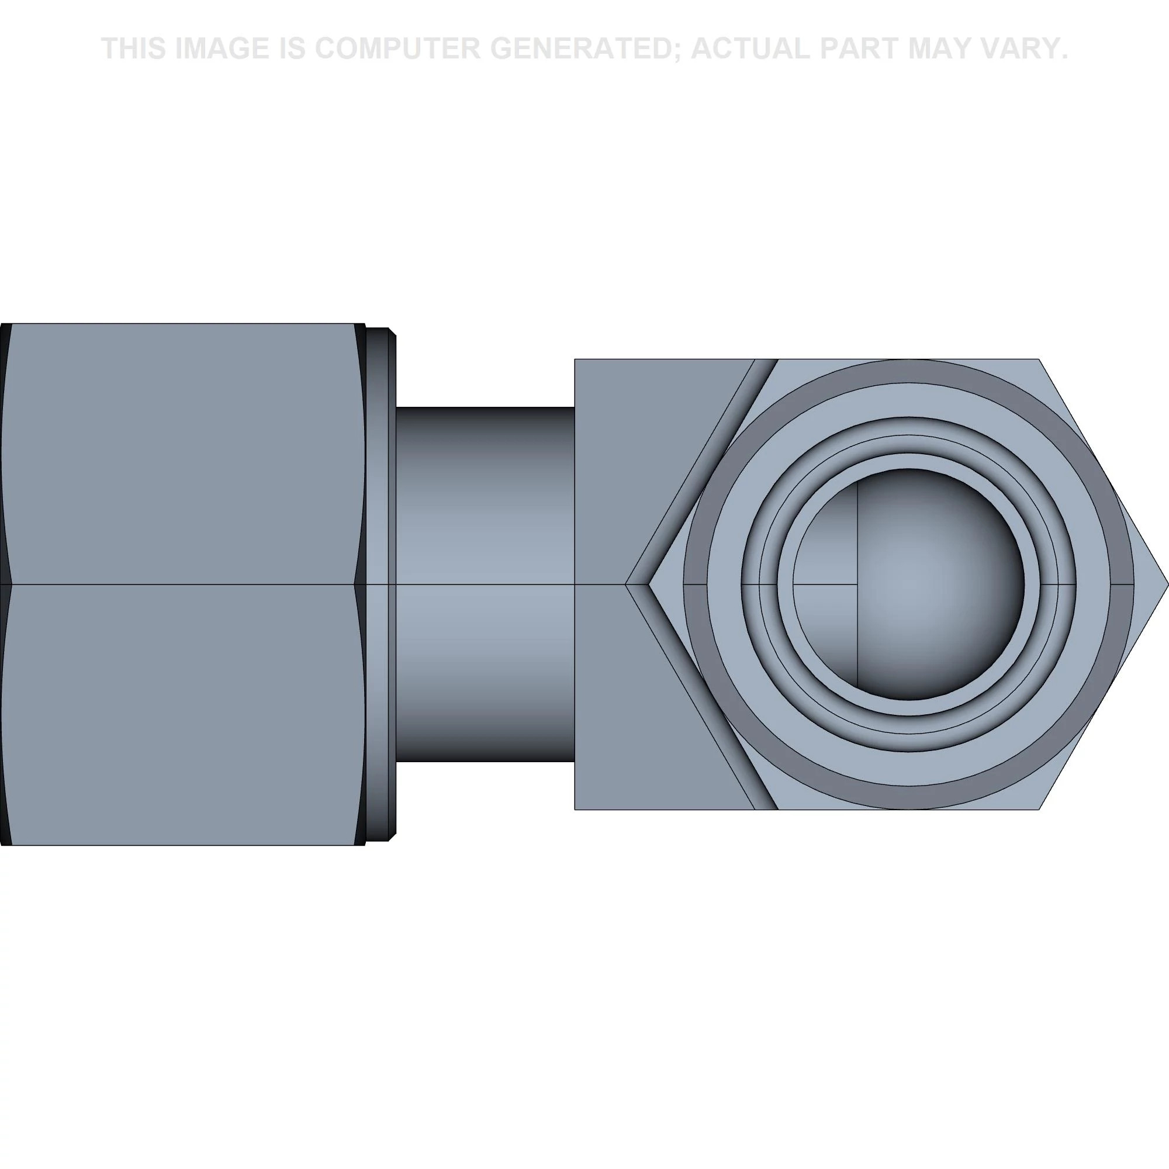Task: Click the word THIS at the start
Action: coord(134,49)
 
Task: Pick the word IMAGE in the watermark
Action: coord(222,49)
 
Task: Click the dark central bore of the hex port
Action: coord(908,584)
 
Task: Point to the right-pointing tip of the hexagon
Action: coord(1168,584)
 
